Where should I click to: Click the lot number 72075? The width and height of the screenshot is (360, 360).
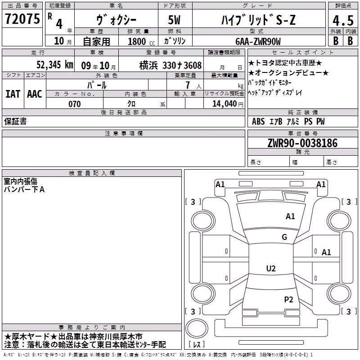(22, 18)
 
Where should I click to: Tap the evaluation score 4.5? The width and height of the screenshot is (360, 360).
(343, 20)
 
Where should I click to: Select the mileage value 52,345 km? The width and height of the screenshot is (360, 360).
(55, 64)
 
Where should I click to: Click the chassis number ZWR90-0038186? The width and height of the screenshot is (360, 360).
(302, 143)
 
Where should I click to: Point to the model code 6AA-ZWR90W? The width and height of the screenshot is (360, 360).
(258, 41)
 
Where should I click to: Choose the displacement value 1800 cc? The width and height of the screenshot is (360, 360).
(141, 41)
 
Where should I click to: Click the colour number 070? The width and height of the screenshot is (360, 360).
(75, 104)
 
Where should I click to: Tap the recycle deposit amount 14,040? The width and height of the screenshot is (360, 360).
(225, 104)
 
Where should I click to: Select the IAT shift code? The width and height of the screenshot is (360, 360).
(13, 94)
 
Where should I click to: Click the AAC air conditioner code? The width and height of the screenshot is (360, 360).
(35, 94)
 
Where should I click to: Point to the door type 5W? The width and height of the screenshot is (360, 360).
(174, 20)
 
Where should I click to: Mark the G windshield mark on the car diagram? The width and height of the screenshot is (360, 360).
(284, 237)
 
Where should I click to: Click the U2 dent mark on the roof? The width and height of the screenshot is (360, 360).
(271, 268)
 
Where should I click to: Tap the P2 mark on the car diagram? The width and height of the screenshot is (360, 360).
(288, 300)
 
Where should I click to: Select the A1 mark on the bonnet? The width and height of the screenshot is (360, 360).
(290, 216)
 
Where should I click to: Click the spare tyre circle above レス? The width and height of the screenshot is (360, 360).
(197, 328)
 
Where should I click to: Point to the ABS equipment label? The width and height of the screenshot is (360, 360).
(258, 121)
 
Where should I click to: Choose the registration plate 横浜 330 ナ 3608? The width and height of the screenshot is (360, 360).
(171, 65)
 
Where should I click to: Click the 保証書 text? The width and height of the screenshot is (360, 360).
(15, 121)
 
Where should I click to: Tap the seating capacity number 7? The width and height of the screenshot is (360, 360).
(188, 85)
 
